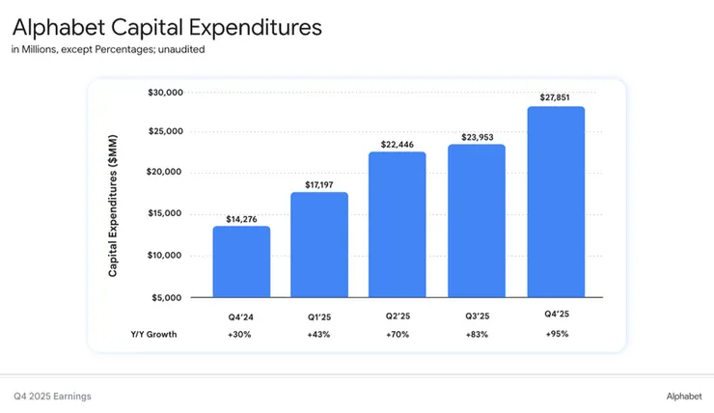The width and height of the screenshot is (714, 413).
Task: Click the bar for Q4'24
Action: tap(241, 262)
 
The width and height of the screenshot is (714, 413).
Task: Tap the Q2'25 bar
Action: tap(398, 224)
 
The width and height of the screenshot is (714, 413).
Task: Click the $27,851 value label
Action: tap(556, 96)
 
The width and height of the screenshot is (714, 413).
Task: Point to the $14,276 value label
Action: tap(241, 219)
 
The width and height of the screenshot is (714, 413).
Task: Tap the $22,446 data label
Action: tap(398, 144)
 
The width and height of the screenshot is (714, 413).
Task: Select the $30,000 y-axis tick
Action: tap(165, 93)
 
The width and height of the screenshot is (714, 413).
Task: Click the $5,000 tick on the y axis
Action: tap(168, 296)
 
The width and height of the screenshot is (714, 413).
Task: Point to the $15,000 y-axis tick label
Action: tap(165, 214)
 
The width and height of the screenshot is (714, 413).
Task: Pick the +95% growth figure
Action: tap(556, 334)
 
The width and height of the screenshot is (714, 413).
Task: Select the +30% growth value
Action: tap(241, 334)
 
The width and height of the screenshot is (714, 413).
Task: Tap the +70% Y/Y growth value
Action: tap(398, 334)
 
